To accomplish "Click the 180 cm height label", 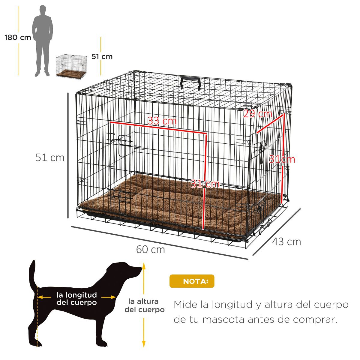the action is [18, 37].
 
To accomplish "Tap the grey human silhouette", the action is [43, 41].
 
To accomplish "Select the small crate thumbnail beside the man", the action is [71, 67].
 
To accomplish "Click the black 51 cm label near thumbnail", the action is [102, 57].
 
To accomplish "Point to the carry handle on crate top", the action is [190, 83].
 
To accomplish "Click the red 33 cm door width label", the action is [162, 121].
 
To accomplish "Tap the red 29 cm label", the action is [258, 114].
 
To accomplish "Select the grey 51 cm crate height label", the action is [50, 157].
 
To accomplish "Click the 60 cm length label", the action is [151, 250].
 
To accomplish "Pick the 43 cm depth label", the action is [286, 242].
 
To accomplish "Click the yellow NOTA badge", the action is [192, 281].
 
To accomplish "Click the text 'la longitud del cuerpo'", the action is [77, 298].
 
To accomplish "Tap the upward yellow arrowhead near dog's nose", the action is [144, 266].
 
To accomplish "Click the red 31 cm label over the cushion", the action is [205, 184].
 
